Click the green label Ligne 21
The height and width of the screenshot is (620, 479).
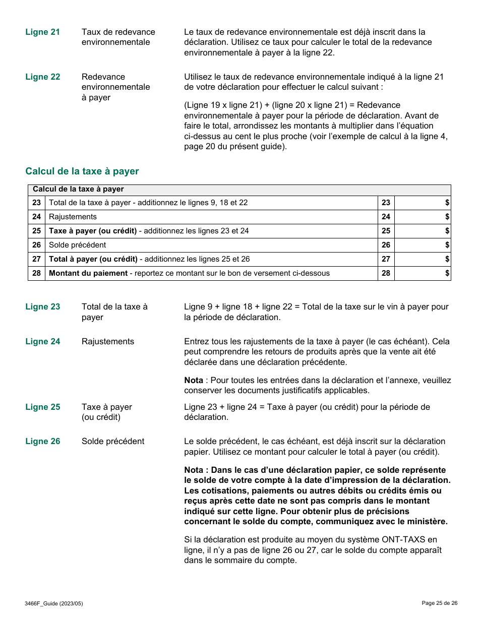42,32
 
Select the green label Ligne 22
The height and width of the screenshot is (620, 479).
42,77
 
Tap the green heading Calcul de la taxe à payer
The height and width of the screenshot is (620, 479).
82,171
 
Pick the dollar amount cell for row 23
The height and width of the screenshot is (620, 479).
422,203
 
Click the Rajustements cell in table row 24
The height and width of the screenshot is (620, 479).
73,217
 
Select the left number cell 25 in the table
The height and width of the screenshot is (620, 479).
36,231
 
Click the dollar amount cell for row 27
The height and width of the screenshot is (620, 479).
422,259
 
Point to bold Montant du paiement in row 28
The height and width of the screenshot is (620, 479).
88,273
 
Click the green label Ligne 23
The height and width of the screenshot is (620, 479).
42,307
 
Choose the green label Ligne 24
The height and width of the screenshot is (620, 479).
42,342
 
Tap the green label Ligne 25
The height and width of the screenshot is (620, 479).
42,407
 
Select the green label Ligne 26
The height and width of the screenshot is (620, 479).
42,442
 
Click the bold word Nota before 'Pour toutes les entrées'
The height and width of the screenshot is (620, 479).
194,381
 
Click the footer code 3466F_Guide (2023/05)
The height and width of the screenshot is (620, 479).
53,603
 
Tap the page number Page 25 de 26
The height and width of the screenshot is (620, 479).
439,603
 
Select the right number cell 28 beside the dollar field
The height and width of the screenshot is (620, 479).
386,273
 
